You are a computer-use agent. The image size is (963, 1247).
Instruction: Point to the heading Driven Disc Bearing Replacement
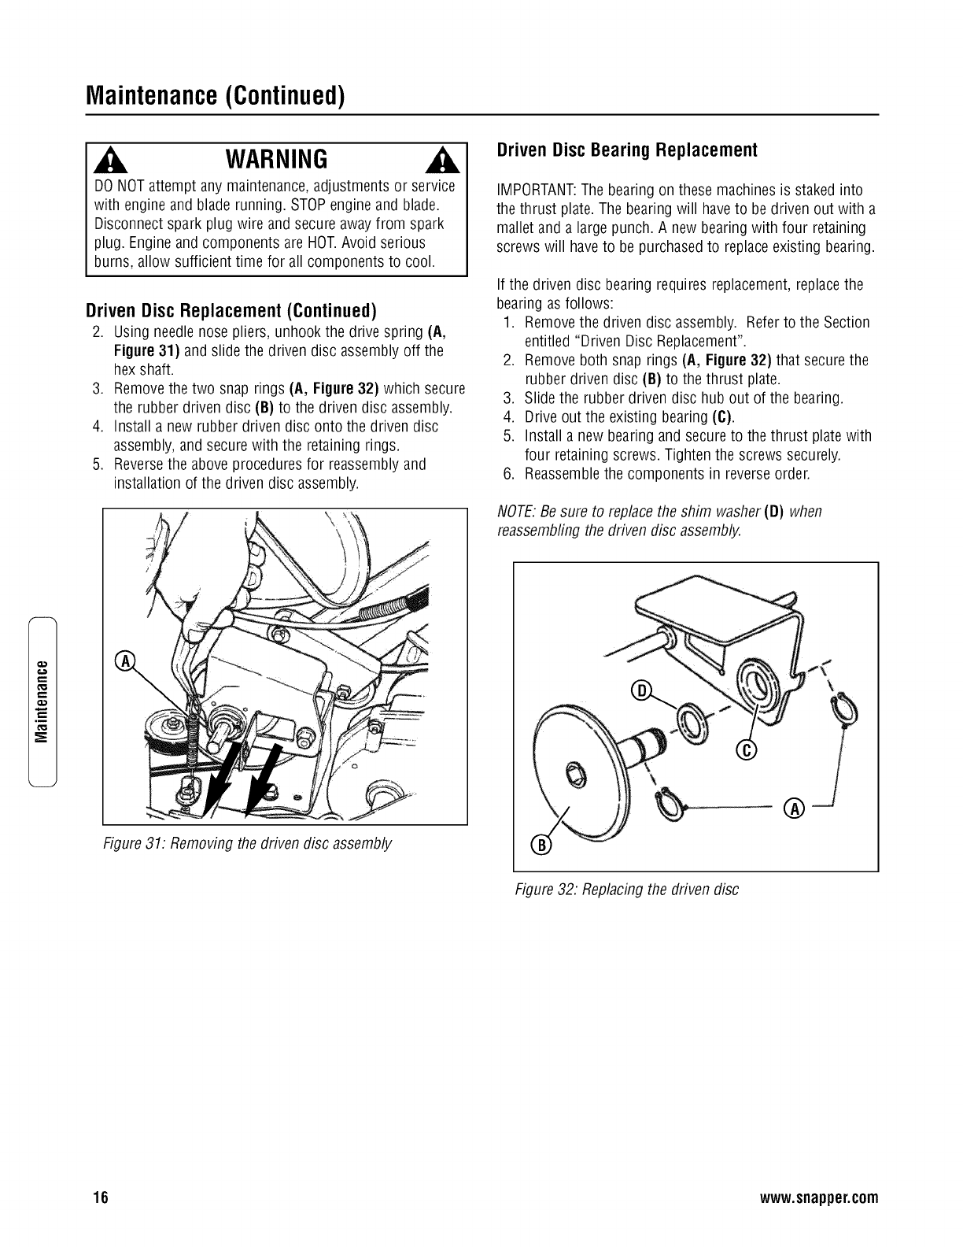(626, 150)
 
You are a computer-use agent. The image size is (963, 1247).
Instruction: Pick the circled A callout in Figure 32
(795, 808)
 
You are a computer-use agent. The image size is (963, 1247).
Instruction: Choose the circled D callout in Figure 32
(642, 691)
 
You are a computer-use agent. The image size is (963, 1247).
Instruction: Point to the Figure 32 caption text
(626, 890)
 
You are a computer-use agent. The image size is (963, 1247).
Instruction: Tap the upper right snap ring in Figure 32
(846, 712)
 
